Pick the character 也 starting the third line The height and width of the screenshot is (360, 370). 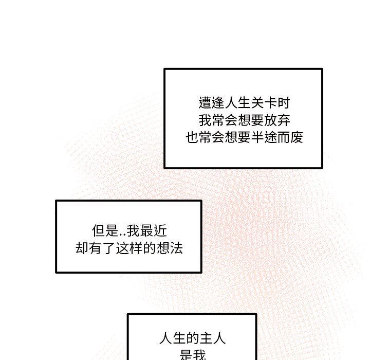(x=192, y=138)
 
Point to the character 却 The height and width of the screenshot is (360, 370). (x=82, y=249)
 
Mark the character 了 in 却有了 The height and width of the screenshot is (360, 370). (x=108, y=249)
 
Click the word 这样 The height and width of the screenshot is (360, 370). (x=128, y=249)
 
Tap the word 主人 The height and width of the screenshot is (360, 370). (x=212, y=339)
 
